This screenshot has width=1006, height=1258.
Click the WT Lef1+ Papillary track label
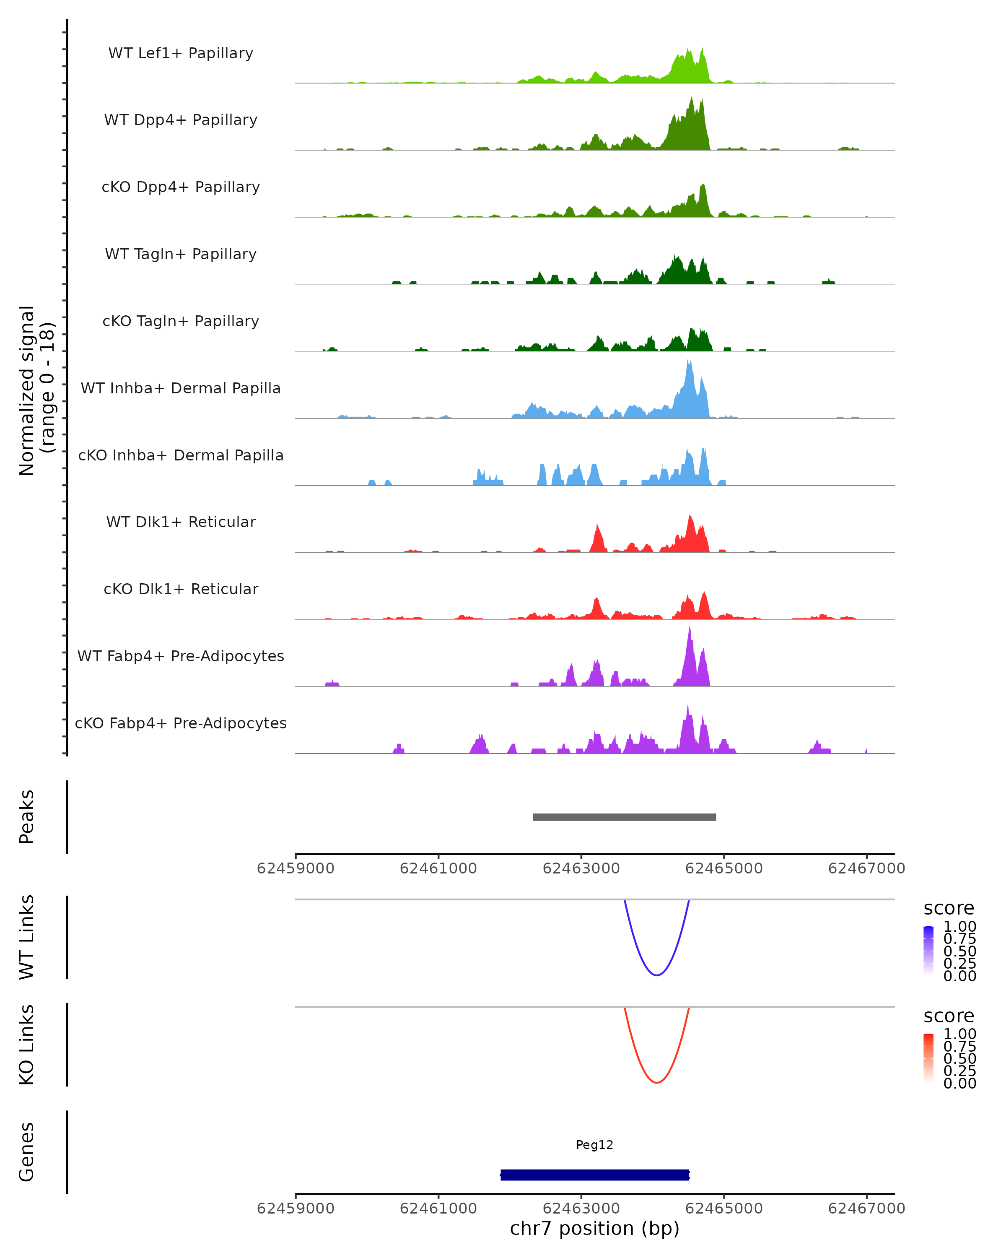coord(181,53)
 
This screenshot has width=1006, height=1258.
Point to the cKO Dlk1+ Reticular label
coord(181,589)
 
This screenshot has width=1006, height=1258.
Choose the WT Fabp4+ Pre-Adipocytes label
coord(181,656)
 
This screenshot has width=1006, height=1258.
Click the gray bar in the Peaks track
coord(624,817)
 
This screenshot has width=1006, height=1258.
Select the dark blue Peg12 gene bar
coord(595,1175)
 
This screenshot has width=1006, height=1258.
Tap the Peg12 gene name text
coord(594,1145)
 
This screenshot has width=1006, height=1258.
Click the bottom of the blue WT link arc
coord(657,975)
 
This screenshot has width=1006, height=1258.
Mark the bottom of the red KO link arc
coord(657,1082)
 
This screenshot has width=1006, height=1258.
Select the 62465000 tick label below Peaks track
coord(724,868)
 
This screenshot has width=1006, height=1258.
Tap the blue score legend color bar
coord(928,951)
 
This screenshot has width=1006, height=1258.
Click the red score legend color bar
coord(928,1058)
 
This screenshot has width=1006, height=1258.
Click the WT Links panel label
coord(27,937)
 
